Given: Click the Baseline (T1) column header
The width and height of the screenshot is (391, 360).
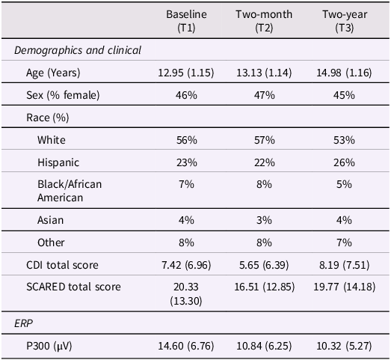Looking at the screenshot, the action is tap(186, 21).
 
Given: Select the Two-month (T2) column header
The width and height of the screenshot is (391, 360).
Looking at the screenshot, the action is tap(264, 21).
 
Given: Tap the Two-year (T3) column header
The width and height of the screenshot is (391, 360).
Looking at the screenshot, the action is tap(345, 21).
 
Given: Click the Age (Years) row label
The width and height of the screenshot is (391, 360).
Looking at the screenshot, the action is tap(53, 73).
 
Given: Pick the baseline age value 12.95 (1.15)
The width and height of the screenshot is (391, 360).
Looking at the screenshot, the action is tap(186, 73).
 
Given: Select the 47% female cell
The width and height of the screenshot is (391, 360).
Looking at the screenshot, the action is tap(265, 95).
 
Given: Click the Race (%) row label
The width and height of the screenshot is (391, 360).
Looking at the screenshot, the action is tap(47, 118).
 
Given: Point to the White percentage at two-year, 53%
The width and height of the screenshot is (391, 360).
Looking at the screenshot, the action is tap(344, 140).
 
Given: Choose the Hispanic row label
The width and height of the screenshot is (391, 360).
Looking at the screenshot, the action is tap(58, 162).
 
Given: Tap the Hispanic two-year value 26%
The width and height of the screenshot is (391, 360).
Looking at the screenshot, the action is tap(344, 162).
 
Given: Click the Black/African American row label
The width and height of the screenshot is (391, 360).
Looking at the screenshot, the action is tap(70, 191).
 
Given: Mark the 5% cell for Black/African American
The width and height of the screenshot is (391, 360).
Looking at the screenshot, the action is tap(344, 185).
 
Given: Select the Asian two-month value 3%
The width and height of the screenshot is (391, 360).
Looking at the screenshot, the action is tap(265, 220).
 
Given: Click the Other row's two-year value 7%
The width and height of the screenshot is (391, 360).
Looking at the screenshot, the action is tap(344, 242).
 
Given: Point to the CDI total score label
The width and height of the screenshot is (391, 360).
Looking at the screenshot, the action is tap(62, 265).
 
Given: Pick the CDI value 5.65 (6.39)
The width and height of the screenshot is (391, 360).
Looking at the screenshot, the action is tap(264, 265).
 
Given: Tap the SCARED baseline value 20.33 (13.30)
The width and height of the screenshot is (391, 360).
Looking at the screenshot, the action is tap(186, 294).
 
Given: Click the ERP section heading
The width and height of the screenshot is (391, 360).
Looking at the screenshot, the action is tap(23, 323).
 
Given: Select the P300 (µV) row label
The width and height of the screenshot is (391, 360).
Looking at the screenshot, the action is tap(49, 346).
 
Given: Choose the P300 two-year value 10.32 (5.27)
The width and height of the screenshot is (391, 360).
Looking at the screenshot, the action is tap(344, 346).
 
